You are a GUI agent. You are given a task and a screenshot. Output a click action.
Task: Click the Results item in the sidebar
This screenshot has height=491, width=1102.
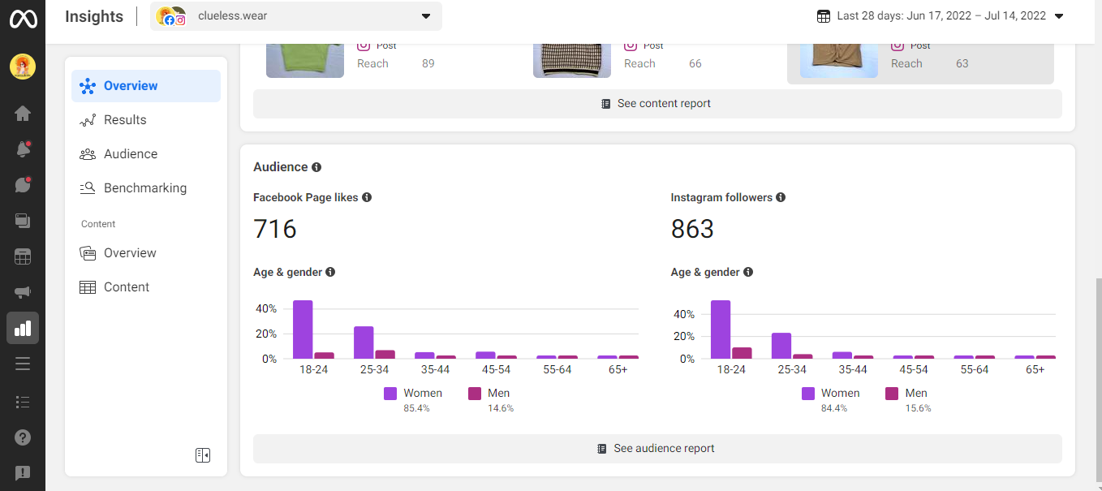tap(125, 120)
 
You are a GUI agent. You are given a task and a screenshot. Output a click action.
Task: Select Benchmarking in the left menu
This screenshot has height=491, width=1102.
tap(144, 188)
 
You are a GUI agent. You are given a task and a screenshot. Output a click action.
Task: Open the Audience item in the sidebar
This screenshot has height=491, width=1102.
tap(130, 154)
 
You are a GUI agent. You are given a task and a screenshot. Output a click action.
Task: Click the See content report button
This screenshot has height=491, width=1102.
tap(656, 104)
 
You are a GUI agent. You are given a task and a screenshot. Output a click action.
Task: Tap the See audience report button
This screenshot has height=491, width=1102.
tap(656, 449)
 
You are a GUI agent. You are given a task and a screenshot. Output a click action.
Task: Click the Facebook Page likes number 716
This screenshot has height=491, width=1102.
tap(275, 229)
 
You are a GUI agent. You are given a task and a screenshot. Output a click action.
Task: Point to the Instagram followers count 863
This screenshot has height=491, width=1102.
tap(692, 229)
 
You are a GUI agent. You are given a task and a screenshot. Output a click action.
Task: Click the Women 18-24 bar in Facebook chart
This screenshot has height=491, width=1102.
tap(303, 329)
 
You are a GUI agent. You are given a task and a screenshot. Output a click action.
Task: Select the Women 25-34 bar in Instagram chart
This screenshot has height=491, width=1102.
tap(781, 346)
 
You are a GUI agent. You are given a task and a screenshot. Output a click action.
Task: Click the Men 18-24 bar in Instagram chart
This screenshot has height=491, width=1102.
tap(742, 353)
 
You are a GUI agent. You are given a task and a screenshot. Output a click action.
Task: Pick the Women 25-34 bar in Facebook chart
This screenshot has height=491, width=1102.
tap(364, 342)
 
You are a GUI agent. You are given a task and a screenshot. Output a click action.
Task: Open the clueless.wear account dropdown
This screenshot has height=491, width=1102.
tap(296, 16)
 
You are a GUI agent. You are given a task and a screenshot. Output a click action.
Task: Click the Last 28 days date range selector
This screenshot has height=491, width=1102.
tap(941, 16)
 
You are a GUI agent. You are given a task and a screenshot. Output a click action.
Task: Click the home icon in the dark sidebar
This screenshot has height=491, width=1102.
tap(23, 114)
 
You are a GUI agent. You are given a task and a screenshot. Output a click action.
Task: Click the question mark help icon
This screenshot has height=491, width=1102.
tap(23, 437)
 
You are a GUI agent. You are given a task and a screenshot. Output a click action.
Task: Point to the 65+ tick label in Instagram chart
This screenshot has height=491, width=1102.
tap(1035, 369)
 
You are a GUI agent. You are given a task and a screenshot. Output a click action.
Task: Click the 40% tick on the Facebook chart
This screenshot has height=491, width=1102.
tap(266, 309)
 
